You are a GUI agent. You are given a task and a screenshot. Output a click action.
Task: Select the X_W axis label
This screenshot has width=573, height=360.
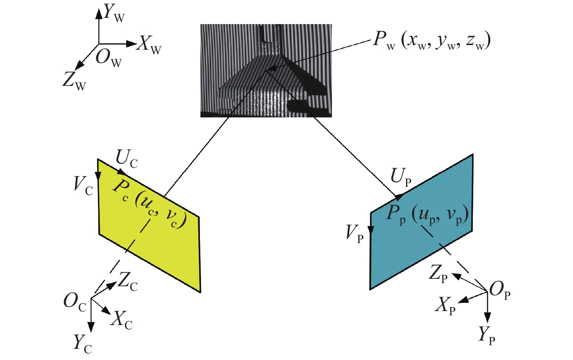[149, 46]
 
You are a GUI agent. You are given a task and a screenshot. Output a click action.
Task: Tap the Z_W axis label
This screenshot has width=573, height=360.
[74, 82]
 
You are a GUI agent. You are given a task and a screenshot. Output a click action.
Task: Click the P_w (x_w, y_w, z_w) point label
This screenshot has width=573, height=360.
[432, 41]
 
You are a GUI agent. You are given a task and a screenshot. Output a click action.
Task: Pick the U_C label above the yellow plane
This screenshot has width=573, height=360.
[127, 159]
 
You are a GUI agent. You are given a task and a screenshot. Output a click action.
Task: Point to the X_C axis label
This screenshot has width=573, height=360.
[122, 320]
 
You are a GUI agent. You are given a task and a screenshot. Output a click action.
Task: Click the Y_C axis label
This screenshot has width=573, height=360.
[82, 344]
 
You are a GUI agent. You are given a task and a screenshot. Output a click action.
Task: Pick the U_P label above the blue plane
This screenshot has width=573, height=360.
[401, 178]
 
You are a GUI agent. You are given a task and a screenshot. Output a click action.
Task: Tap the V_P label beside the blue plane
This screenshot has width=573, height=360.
[354, 234]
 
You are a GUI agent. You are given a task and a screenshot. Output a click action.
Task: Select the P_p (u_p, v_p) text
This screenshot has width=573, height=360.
[427, 216]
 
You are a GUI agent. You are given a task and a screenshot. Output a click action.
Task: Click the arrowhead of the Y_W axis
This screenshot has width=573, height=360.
[99, 13]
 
